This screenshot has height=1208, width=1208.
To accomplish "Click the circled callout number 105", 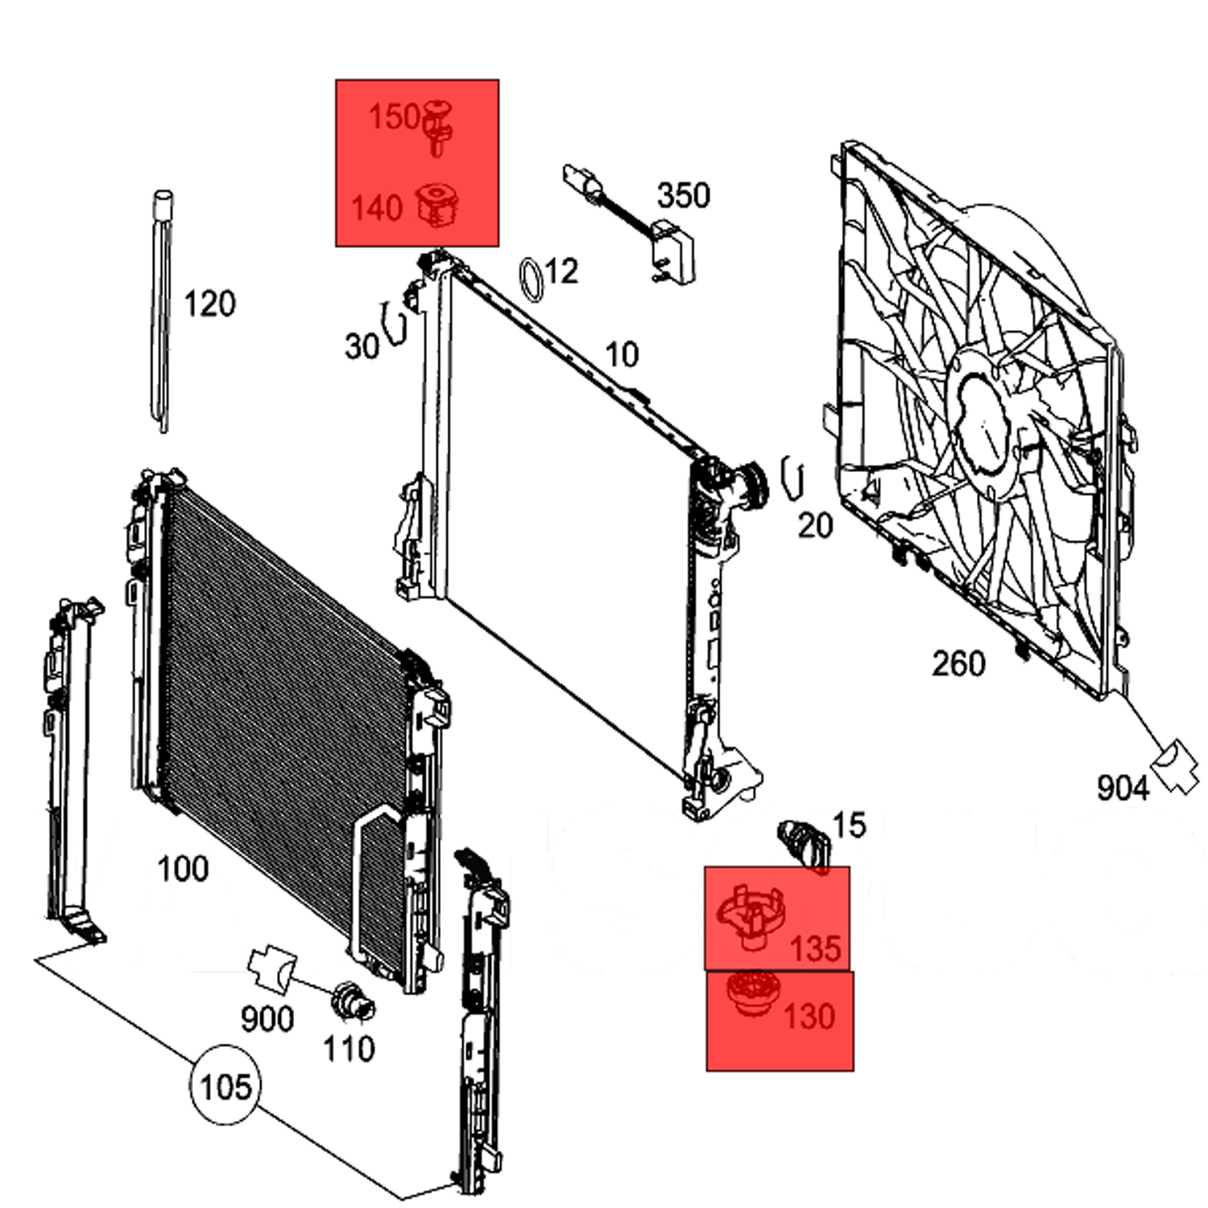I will point(225,1087).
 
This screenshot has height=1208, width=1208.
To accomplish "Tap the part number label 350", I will point(684,196).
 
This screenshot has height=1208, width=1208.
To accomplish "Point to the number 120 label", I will point(209,304).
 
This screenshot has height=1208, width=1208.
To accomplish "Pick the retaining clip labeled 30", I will point(395,324).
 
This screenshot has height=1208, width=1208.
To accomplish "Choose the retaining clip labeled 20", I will point(793,478).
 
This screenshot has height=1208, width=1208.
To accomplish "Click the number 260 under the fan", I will point(958,664).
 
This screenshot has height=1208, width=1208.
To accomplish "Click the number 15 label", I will point(848,825).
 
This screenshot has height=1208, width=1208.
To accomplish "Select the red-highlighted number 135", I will point(815,949).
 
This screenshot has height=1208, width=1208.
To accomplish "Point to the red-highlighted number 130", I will point(809,1016).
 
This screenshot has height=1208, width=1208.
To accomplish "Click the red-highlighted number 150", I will point(394,118).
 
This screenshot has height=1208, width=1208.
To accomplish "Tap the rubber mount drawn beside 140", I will point(438,205).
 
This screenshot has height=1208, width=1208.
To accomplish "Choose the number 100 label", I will point(183,869).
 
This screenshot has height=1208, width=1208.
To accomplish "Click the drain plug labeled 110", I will point(353,1001).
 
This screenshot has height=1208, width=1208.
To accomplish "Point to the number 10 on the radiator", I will point(621,354).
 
